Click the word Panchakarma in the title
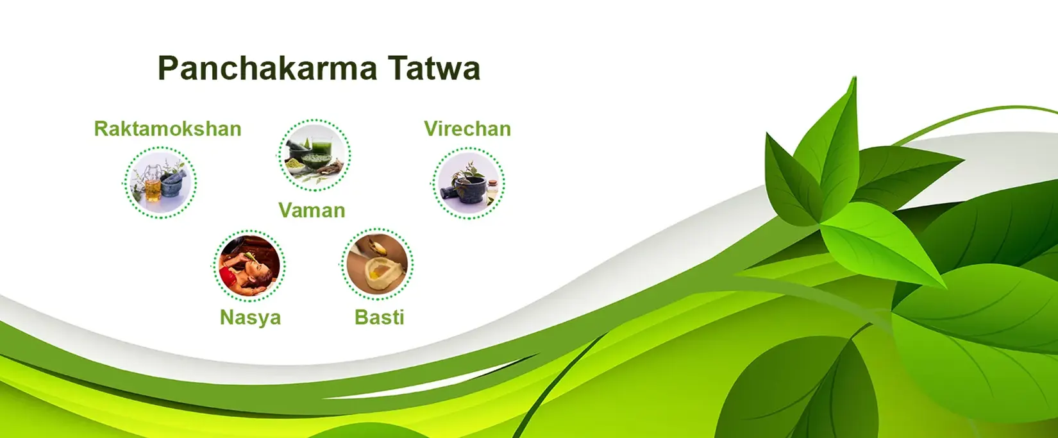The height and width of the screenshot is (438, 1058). (x=267, y=69)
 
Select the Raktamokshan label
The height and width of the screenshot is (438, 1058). (x=167, y=129)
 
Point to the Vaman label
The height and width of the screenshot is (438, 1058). (x=312, y=210)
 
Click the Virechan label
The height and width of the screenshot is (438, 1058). (x=467, y=129)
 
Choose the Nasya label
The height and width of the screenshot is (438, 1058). (x=250, y=317)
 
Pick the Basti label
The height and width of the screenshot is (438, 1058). (x=379, y=317)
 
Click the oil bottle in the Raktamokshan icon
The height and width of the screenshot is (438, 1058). (x=153, y=189)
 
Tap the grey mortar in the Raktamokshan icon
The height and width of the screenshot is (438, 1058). (x=172, y=186)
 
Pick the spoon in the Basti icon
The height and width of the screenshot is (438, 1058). (x=374, y=247)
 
